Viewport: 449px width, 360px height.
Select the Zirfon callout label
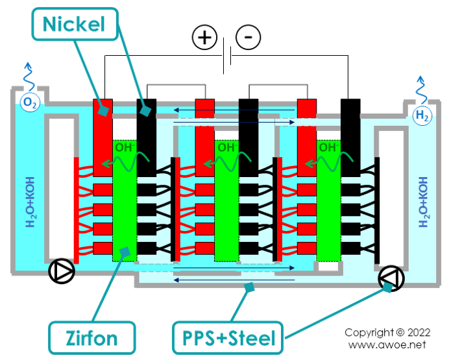(91, 338)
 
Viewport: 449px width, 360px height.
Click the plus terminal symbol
(206, 37)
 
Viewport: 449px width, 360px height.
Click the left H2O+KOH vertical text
(28, 203)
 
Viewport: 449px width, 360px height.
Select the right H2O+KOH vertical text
(424, 201)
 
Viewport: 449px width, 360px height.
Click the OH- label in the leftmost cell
(125, 148)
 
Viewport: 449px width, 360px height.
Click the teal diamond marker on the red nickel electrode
(103, 112)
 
